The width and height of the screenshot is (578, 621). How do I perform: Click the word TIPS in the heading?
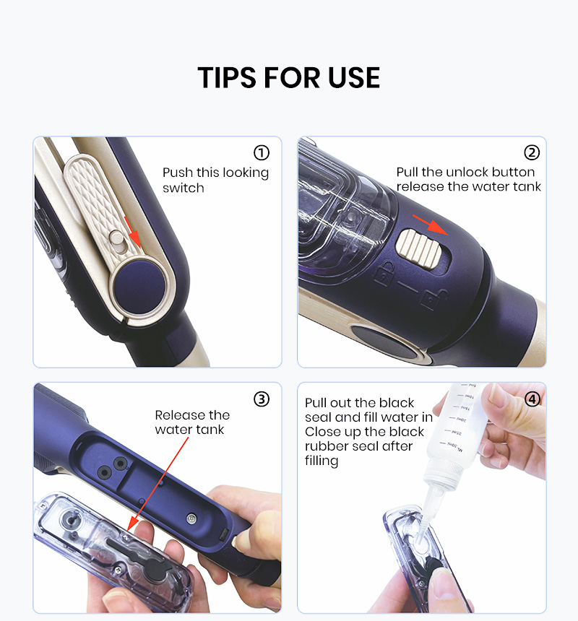pos(227,77)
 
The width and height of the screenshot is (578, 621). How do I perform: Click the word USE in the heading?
pos(354,77)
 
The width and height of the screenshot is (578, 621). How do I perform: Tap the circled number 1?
pos(262,152)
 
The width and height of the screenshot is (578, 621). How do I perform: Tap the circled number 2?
pos(532,152)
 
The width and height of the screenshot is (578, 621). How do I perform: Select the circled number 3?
pos(262,399)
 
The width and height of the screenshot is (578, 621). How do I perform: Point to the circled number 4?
pos(532,399)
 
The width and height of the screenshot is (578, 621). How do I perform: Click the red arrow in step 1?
pos(132,233)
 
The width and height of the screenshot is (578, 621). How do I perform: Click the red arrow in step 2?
pos(431,225)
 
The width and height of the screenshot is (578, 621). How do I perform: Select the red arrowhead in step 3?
pos(134,524)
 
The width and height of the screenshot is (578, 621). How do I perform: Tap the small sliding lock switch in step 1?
pos(117,242)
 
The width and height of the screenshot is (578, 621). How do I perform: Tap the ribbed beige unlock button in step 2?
pos(419,248)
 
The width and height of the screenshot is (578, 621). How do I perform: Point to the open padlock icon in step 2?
pos(434,299)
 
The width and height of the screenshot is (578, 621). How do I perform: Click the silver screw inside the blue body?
pos(191,518)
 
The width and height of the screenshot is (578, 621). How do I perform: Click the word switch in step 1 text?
pos(183,188)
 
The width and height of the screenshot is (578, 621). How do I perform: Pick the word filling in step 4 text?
pos(322,461)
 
